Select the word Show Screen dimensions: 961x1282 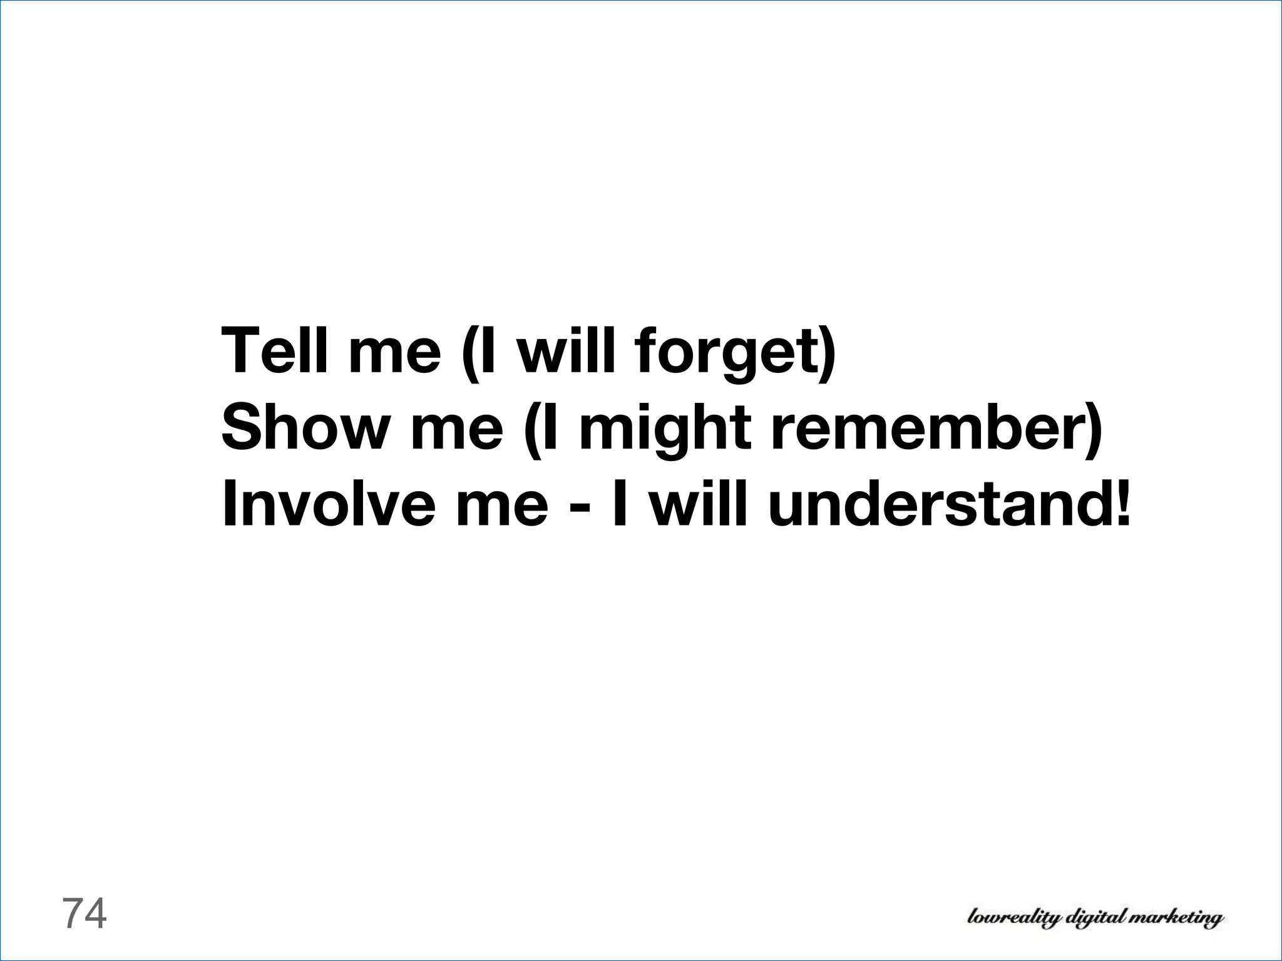(304, 427)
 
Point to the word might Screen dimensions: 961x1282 (665, 429)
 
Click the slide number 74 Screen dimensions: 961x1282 (85, 913)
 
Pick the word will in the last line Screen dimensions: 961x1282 (698, 504)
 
